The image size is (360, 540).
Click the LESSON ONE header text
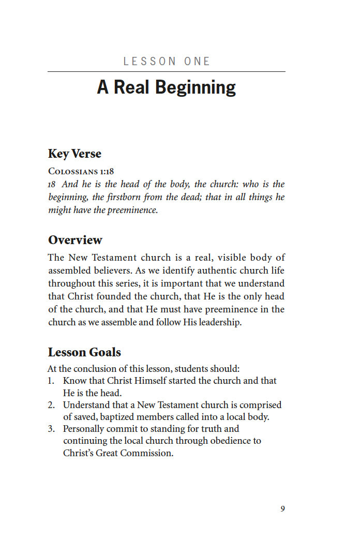tap(167, 62)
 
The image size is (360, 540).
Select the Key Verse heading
tap(74, 154)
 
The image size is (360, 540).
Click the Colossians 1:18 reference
tap(81, 171)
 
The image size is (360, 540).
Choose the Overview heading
tap(75, 240)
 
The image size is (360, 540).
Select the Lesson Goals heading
tap(84, 352)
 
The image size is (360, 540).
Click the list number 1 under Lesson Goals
tap(51, 381)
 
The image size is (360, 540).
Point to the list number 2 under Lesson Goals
tap(51, 405)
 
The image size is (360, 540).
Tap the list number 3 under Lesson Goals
tap(51, 429)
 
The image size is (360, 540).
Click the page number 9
tap(282, 509)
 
